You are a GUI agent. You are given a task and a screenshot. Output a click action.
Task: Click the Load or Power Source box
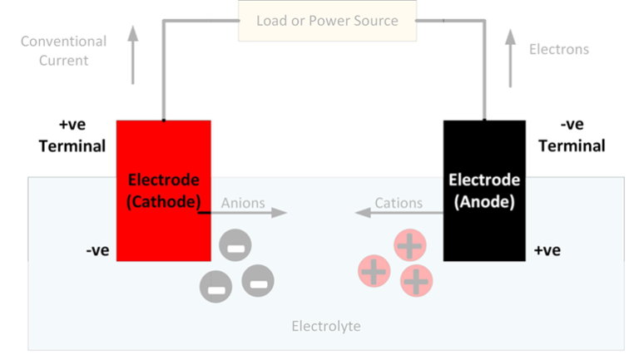point(326,21)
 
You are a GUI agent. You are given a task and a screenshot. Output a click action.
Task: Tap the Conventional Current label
point(63,51)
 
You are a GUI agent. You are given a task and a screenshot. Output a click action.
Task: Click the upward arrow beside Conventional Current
point(132,56)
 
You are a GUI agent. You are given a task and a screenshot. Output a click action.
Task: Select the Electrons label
point(558,49)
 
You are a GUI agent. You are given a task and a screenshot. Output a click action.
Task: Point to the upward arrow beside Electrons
point(510,58)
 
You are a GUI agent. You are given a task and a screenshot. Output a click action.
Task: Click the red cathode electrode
point(163,190)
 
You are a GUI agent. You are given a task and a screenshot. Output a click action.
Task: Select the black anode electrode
point(483,190)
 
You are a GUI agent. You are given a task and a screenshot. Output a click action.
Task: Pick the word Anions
point(243,203)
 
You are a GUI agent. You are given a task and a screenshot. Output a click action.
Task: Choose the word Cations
point(399,203)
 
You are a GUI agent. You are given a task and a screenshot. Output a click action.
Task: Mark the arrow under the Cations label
point(399,214)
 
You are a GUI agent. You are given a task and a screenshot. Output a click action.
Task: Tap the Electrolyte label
point(326,326)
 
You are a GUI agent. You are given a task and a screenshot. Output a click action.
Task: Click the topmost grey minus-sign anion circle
point(235,245)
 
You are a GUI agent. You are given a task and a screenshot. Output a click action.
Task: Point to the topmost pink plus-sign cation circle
point(409,245)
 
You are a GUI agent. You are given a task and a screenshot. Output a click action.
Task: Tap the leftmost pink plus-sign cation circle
point(374,271)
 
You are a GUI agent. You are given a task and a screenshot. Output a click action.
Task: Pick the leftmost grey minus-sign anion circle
point(215,287)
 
